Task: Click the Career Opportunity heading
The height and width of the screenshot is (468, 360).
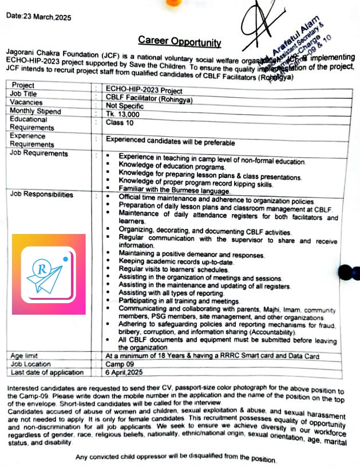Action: pyautogui.click(x=179, y=41)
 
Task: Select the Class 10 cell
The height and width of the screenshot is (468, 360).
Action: pyautogui.click(x=120, y=122)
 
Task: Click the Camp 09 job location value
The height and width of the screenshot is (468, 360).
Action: pyautogui.click(x=121, y=363)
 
